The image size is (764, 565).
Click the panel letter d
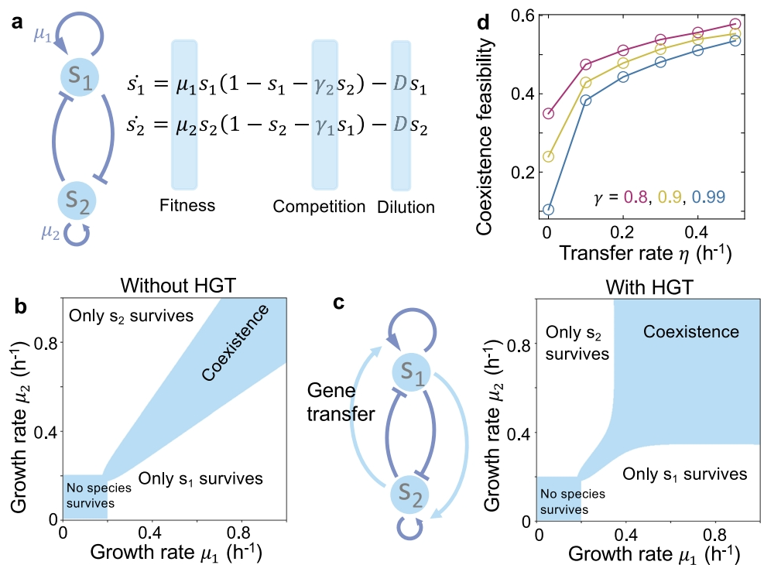click(483, 22)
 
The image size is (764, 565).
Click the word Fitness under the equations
click(187, 207)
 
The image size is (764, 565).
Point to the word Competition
click(319, 207)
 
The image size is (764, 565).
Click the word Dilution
click(406, 207)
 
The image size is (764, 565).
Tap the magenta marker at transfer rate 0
click(549, 114)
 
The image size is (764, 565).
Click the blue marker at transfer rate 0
click(549, 210)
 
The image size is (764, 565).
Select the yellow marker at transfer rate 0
click(549, 156)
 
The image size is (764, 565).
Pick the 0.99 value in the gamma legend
click(707, 197)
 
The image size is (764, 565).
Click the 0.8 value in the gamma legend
click(636, 197)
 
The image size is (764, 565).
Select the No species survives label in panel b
click(84, 495)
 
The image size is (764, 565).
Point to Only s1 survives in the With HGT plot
click(685, 473)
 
